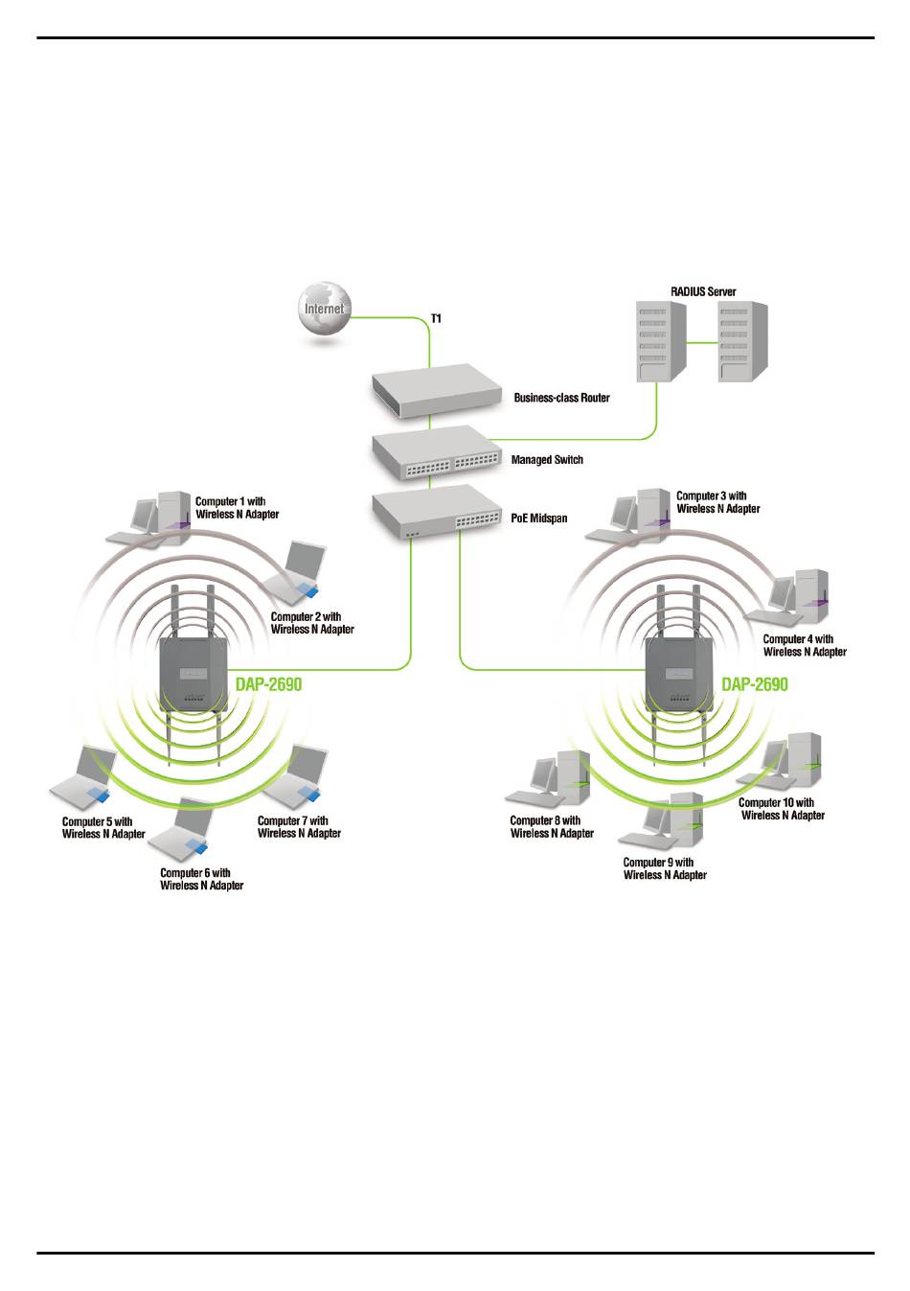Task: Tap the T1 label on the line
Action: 436,318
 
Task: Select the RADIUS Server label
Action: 703,291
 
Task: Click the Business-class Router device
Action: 436,390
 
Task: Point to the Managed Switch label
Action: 547,459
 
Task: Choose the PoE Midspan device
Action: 436,511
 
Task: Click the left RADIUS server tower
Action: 661,341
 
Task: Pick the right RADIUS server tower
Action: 742,341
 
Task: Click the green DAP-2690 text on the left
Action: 268,684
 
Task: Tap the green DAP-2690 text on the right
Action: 755,684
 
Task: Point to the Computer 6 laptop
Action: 181,826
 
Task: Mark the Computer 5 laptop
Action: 82,774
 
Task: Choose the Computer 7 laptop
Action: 295,773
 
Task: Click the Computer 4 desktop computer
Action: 786,598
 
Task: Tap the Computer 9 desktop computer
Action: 661,819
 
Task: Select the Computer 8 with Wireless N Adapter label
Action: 552,826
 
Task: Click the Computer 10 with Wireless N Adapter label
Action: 782,809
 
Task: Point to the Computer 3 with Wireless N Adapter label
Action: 718,502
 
